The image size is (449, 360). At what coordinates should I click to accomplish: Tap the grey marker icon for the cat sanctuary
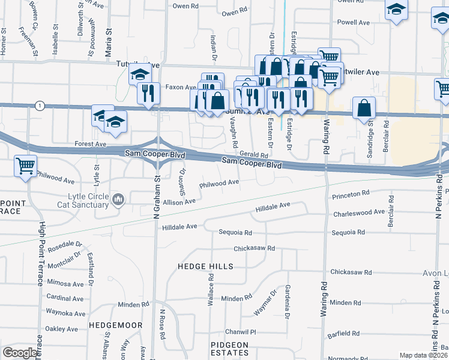click(118, 199)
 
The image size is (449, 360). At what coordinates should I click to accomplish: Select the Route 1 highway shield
click(40, 106)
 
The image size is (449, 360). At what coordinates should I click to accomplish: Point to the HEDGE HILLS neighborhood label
click(205, 266)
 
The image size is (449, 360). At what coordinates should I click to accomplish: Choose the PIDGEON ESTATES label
click(229, 348)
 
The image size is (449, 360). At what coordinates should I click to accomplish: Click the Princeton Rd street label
click(350, 194)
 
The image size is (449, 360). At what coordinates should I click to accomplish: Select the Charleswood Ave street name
click(358, 212)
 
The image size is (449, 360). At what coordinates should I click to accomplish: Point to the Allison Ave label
click(179, 202)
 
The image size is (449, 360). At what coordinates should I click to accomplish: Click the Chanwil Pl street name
click(241, 332)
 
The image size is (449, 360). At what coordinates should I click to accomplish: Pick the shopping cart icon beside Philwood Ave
click(25, 165)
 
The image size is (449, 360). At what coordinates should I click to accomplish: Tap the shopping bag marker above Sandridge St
click(364, 109)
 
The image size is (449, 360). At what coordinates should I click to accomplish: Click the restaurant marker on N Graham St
click(148, 93)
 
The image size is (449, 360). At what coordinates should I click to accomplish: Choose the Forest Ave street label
click(90, 144)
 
